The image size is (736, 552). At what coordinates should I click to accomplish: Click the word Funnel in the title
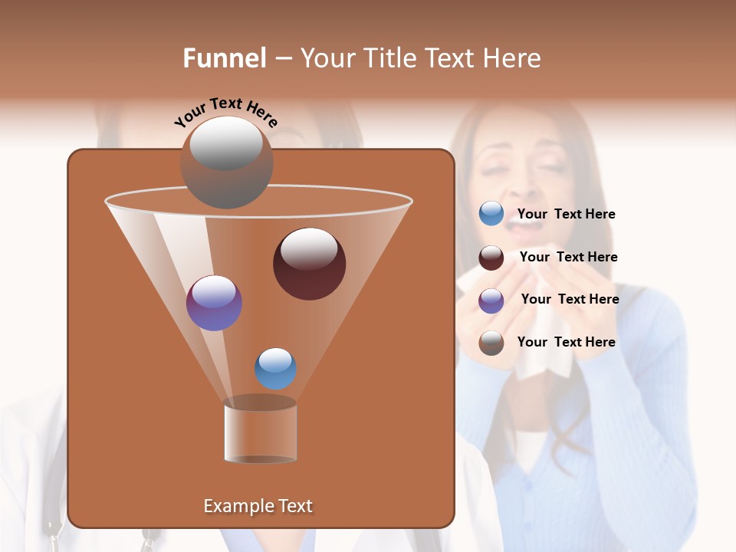pyautogui.click(x=225, y=58)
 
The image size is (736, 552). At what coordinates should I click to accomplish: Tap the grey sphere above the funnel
pyautogui.click(x=227, y=162)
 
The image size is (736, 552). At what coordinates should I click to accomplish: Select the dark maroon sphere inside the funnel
pyautogui.click(x=310, y=263)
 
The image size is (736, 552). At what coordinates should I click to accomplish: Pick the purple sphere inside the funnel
pyautogui.click(x=215, y=303)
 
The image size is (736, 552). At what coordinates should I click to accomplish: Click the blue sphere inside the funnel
pyautogui.click(x=276, y=369)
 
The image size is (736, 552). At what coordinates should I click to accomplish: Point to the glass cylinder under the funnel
pyautogui.click(x=261, y=432)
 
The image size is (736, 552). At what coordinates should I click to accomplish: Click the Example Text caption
pyautogui.click(x=258, y=506)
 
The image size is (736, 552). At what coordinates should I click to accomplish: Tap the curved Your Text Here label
pyautogui.click(x=225, y=113)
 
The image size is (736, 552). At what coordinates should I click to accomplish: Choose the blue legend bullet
pyautogui.click(x=491, y=214)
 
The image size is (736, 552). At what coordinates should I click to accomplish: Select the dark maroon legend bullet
pyautogui.click(x=491, y=258)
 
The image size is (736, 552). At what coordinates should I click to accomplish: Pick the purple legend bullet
pyautogui.click(x=491, y=301)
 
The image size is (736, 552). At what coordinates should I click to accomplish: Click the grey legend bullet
pyautogui.click(x=491, y=343)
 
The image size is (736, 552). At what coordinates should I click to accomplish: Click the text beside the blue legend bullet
pyautogui.click(x=566, y=215)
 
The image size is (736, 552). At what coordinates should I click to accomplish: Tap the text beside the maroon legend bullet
pyautogui.click(x=568, y=258)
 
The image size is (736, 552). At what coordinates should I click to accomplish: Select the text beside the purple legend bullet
pyautogui.click(x=570, y=300)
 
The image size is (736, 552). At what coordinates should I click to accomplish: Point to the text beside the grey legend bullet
pyautogui.click(x=566, y=343)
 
